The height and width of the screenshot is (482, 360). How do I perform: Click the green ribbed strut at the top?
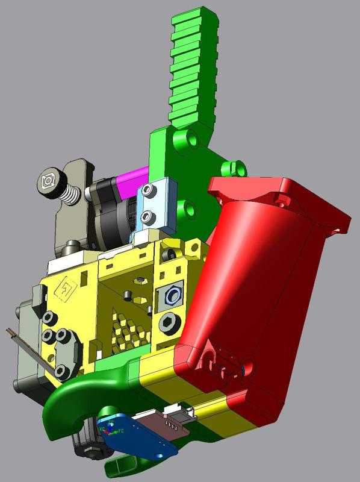click(193, 66)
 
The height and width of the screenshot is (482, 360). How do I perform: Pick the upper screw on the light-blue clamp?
click(149, 191)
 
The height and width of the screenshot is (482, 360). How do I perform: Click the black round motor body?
click(108, 211)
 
